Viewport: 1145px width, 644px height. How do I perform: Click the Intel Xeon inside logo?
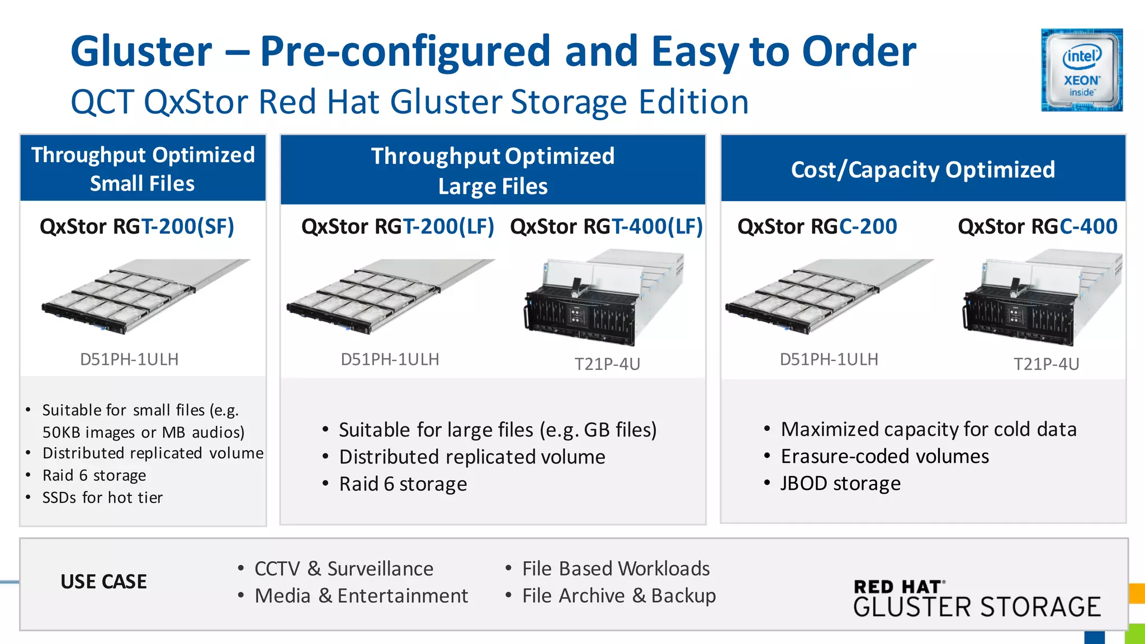click(x=1081, y=70)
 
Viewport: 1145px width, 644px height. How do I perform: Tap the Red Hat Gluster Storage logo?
click(x=977, y=599)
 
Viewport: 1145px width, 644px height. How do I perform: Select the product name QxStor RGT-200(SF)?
click(x=137, y=226)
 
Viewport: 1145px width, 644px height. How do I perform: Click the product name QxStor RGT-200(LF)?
click(x=398, y=226)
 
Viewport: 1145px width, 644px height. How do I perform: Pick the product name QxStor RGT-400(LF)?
click(x=606, y=226)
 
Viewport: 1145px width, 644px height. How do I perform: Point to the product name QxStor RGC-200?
click(x=817, y=226)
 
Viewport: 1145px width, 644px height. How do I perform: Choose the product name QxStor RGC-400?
click(x=1037, y=226)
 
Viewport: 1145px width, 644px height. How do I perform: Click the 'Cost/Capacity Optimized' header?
click(x=922, y=169)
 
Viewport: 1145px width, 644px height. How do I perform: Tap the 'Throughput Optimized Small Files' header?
click(x=143, y=169)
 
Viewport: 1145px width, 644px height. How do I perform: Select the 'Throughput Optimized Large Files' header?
click(x=493, y=171)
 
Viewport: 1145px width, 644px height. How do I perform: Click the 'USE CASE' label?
click(x=103, y=582)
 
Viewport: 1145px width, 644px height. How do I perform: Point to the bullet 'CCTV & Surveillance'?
click(x=343, y=569)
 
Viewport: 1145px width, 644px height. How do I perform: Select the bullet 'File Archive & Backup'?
click(x=618, y=596)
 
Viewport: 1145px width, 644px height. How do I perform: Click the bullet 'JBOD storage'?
click(x=840, y=484)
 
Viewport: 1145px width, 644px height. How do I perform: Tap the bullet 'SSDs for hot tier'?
click(x=102, y=498)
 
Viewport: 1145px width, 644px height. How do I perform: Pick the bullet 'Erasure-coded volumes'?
click(x=884, y=456)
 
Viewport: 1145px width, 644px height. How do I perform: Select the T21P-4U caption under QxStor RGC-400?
click(x=1046, y=364)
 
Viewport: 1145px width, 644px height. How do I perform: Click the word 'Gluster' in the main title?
click(x=141, y=51)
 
